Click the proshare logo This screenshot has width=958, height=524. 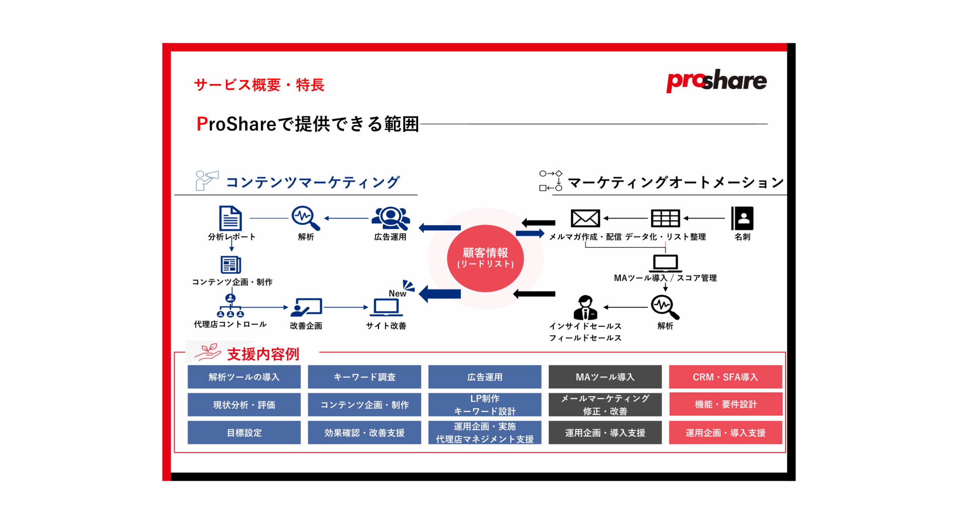(716, 80)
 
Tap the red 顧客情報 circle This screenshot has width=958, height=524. (485, 258)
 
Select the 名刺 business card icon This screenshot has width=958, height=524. (742, 218)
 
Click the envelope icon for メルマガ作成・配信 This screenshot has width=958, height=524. (585, 218)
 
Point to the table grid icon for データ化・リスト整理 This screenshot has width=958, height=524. (665, 218)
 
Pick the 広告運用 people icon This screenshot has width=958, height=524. (390, 218)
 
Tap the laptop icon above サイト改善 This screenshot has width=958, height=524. (386, 307)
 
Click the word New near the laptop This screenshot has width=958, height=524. (397, 293)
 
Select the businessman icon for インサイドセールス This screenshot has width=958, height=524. (585, 307)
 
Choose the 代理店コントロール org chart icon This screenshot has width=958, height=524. (230, 306)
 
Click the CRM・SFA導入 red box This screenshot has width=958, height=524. (725, 377)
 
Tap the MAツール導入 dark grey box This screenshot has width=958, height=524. (605, 377)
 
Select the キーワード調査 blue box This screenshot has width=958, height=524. (364, 377)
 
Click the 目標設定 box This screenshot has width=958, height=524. (244, 432)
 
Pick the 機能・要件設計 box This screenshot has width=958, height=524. (725, 404)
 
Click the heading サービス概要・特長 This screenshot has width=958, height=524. (259, 85)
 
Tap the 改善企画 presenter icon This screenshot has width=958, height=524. (306, 307)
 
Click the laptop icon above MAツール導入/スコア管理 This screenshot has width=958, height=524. (665, 263)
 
